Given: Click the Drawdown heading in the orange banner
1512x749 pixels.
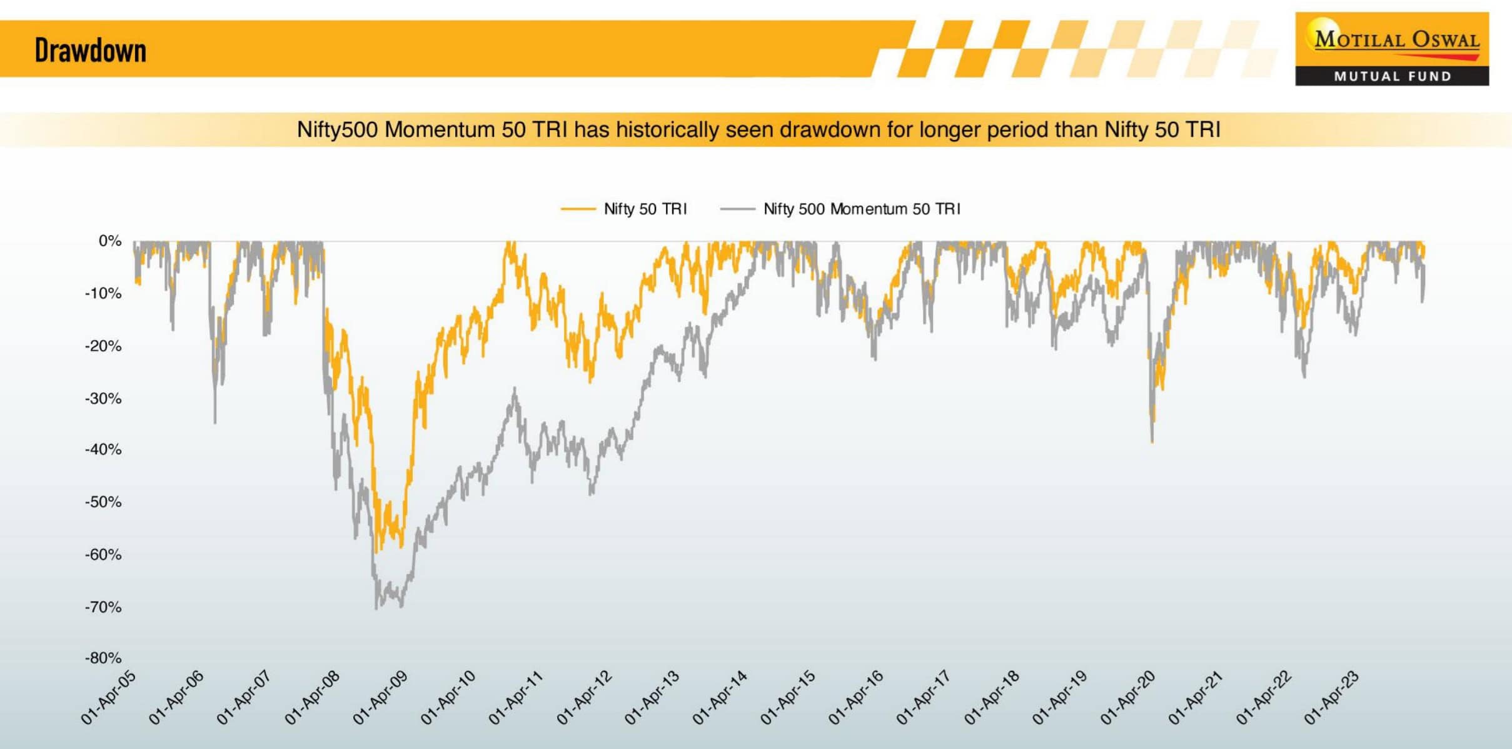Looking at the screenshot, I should [x=91, y=51].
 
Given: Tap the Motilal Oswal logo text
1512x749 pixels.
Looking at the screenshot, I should [x=1396, y=39].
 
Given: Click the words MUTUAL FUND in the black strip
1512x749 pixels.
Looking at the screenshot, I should [x=1393, y=76].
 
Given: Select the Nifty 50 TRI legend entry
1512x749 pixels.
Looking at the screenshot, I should [x=645, y=209].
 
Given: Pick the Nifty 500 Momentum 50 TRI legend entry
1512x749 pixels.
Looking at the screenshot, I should [x=861, y=209].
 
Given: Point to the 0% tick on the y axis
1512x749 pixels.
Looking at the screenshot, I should [x=110, y=241].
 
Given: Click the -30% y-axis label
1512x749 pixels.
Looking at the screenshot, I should [x=104, y=398].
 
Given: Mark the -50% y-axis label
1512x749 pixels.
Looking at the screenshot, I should [x=104, y=502].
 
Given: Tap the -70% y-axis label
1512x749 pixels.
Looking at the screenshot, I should [x=104, y=607].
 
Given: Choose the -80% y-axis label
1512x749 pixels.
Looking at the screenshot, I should [x=104, y=658].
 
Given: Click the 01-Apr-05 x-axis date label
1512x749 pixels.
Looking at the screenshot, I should [x=109, y=697].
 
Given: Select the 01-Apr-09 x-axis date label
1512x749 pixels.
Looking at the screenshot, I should [x=380, y=697].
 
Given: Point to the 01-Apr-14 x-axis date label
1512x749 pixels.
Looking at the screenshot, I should [x=720, y=697].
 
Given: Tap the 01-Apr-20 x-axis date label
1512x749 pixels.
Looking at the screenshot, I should [x=1127, y=697].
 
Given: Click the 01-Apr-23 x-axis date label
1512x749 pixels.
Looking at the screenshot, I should [x=1331, y=697].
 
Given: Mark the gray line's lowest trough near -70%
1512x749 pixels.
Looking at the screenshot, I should [x=376, y=608].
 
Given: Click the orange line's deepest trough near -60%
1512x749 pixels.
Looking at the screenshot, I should [x=375, y=551].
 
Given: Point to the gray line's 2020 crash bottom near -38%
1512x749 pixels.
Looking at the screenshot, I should [x=1152, y=441].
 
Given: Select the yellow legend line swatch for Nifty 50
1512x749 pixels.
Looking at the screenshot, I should [x=578, y=209].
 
